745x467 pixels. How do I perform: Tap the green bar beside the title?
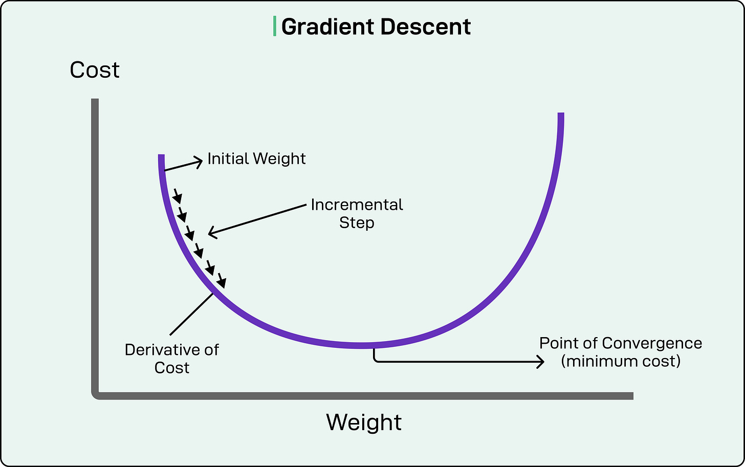coord(275,26)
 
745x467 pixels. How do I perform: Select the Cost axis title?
coord(95,70)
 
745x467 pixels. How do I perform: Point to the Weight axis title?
coord(364,422)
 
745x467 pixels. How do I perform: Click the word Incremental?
coord(357,205)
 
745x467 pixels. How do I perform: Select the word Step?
coord(357,223)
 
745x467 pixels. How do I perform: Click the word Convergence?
coord(651,343)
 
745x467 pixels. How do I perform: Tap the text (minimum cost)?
coord(621,361)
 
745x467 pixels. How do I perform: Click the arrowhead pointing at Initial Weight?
coord(199,162)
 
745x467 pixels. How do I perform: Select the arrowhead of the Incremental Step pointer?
coord(212,233)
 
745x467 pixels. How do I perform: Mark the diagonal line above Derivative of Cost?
coord(191,314)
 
